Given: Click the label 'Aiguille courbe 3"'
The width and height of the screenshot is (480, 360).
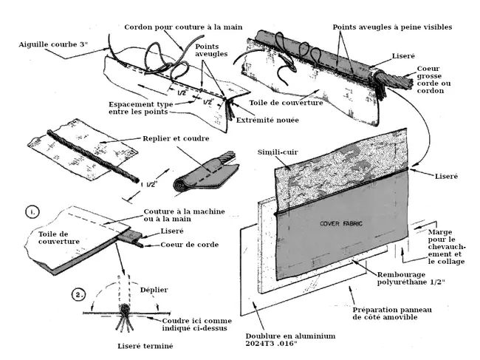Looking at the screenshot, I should tap(53, 45).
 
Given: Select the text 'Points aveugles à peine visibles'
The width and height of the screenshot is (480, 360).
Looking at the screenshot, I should tap(392, 27).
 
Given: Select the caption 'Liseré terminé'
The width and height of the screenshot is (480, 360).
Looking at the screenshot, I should tap(145, 346).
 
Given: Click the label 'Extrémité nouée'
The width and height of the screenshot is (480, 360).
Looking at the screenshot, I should tap(261, 120).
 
